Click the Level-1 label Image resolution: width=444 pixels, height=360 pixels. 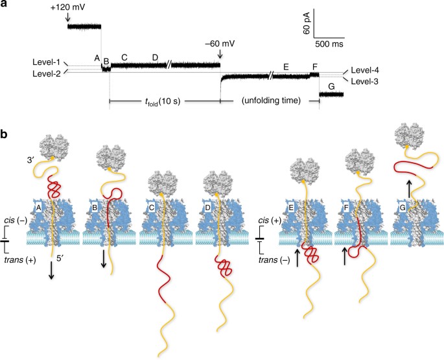[x=48, y=62]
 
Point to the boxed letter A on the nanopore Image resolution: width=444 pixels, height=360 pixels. [x=39, y=208]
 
